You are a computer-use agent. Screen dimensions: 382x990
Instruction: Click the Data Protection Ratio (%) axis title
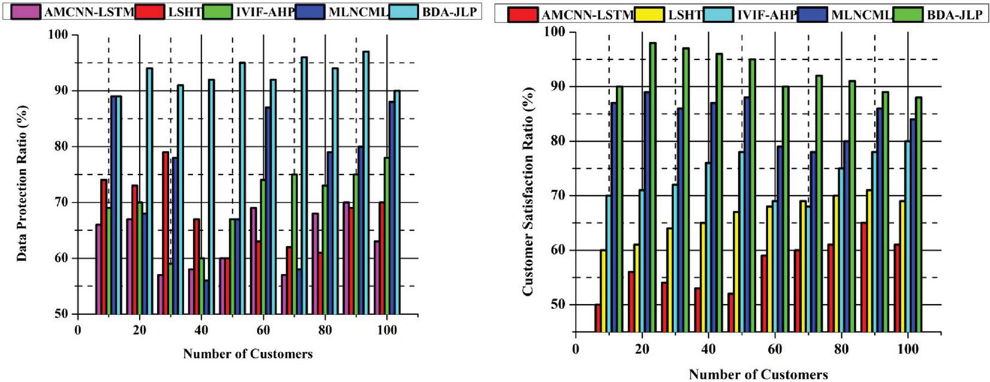coord(22,183)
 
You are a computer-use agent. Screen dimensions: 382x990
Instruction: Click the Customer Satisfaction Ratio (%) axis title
coord(528,191)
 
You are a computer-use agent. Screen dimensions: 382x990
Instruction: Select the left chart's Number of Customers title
coord(248,354)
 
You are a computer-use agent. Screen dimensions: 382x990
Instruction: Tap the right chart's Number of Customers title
coord(758,375)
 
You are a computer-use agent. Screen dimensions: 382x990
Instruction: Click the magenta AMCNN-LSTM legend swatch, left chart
coord(26,11)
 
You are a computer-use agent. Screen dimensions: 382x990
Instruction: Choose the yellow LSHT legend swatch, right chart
coord(649,14)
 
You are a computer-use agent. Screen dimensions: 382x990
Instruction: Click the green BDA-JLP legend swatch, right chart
coord(907,14)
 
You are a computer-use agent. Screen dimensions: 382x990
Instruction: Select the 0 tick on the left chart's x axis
coord(77,330)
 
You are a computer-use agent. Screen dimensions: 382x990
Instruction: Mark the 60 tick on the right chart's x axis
coord(775,349)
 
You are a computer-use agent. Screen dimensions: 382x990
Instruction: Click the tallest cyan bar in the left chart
coord(366,186)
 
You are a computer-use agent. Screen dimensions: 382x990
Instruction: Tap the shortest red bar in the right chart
coord(598,318)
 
